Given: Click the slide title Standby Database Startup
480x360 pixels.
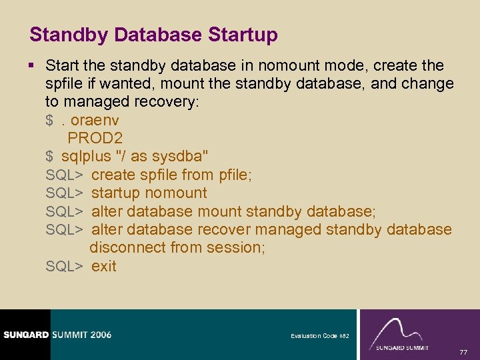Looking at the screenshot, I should point(153,35).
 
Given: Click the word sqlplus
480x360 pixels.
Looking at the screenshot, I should point(86,157).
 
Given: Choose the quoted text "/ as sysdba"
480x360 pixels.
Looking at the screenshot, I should point(163,157).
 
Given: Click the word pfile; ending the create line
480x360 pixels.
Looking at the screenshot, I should point(235,175).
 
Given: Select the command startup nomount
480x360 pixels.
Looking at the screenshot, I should point(149,193).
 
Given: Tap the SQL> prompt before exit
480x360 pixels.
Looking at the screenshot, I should point(64,266).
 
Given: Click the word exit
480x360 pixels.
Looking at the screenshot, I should point(104,266).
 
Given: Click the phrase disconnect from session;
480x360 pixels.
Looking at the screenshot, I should point(177,248).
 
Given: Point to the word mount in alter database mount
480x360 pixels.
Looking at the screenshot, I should point(220,212).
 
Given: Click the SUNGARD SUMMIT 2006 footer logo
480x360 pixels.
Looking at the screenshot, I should point(56,335).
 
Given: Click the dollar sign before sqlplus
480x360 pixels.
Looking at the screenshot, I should point(50,157).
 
